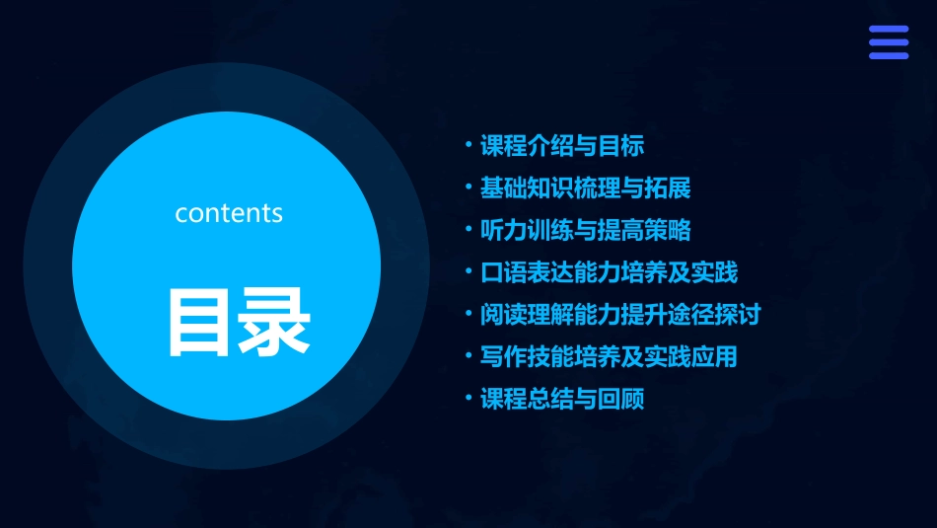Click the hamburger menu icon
[888, 42]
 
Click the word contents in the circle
[229, 213]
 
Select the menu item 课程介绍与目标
[561, 147]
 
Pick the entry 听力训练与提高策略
[585, 231]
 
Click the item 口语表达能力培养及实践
[609, 272]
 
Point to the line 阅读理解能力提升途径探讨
[620, 315]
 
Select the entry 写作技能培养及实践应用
[609, 356]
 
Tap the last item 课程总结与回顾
[561, 399]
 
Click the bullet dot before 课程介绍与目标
[468, 145]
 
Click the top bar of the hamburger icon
[888, 30]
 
